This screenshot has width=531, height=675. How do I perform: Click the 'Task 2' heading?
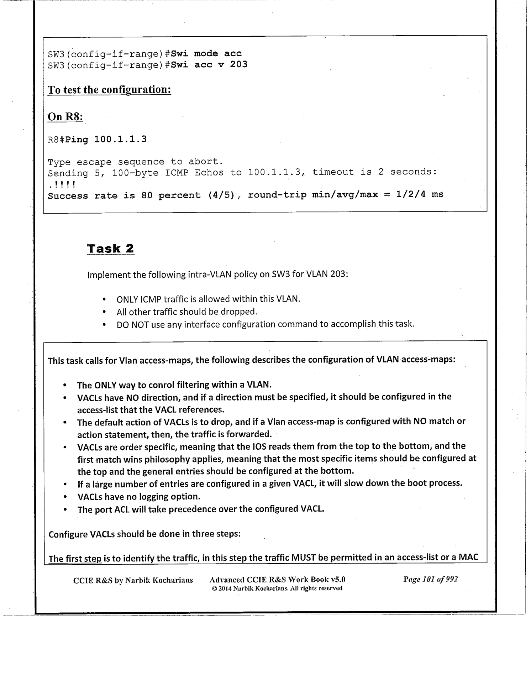click(x=110, y=248)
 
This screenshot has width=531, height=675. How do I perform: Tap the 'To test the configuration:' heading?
click(x=109, y=89)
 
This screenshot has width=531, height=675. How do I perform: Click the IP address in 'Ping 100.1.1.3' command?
click(x=120, y=139)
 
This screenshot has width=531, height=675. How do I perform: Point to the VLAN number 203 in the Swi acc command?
click(x=238, y=64)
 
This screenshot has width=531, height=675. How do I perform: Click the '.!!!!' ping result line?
click(x=61, y=184)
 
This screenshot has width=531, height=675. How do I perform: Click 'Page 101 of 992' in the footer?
click(x=430, y=579)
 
